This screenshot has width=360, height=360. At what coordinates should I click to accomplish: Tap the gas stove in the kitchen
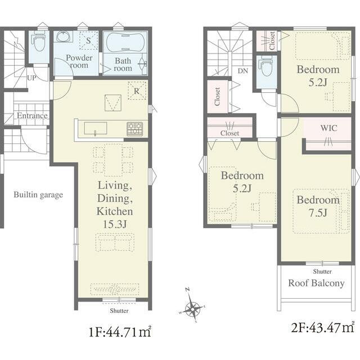coord(135,129)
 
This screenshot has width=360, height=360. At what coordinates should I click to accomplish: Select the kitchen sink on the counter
coord(95,129)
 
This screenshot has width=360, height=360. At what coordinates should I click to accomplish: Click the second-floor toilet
coord(266,66)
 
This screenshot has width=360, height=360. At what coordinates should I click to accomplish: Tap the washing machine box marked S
coord(89,40)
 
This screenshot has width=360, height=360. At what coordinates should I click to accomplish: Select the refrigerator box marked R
coord(137,91)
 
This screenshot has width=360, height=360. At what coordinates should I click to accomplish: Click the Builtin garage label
coord(38,195)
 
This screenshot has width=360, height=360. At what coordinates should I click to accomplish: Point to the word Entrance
coord(33,115)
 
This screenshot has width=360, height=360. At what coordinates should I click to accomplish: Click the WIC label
coord(328,128)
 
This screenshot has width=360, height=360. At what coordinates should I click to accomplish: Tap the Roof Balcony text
coord(316,283)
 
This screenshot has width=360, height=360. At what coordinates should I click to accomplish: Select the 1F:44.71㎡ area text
coord(120,332)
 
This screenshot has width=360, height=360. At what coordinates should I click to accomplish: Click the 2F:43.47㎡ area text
coord(322,327)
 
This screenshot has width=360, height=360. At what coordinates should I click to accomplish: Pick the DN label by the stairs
coord(243,71)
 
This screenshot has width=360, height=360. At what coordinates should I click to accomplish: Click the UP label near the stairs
coord(31,78)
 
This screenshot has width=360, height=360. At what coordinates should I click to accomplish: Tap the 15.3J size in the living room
coord(115,224)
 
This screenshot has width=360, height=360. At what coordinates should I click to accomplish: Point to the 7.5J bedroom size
coord(318,213)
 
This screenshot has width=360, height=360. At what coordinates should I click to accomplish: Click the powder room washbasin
coord(64,37)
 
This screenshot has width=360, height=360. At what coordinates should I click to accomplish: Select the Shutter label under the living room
coord(119,310)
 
